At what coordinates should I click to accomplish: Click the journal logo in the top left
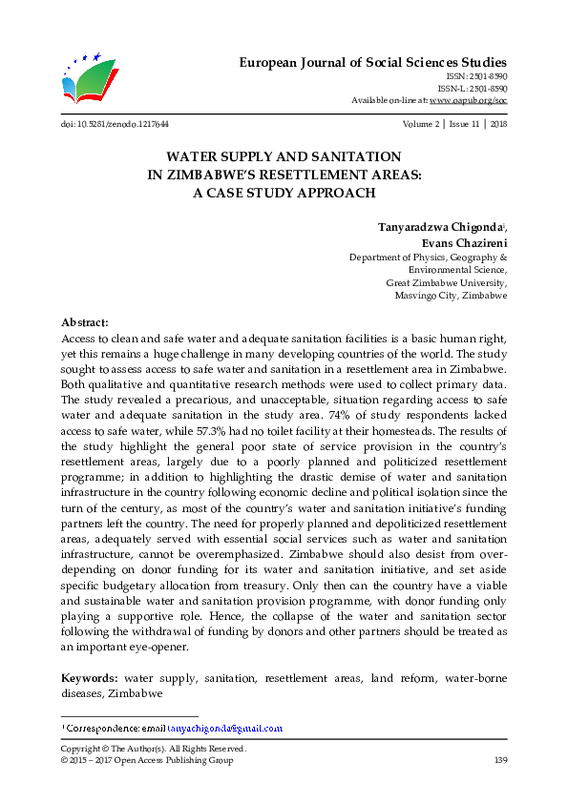(x=88, y=79)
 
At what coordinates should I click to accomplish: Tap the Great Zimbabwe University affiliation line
(x=446, y=283)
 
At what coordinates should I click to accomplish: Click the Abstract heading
(x=85, y=323)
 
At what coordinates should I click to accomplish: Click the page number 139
(x=498, y=760)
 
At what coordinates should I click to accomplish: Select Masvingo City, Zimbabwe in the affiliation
(x=451, y=296)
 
